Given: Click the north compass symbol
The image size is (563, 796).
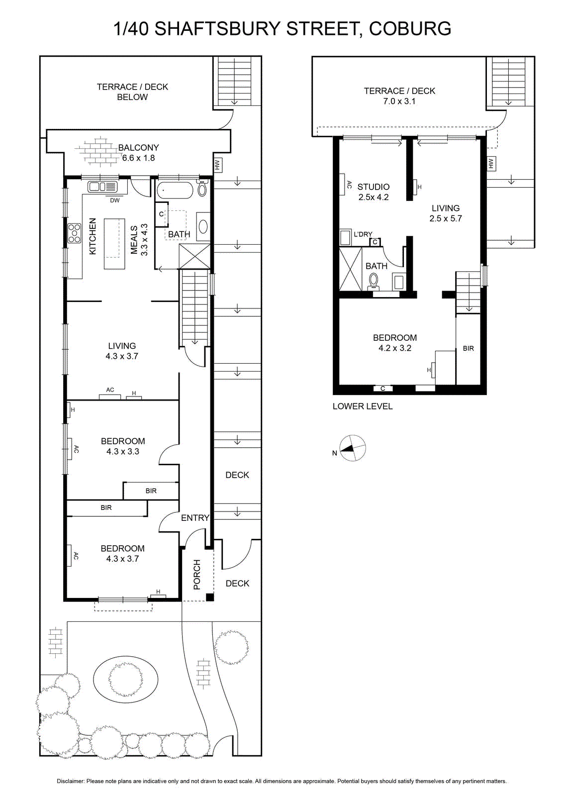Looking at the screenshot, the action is click(x=352, y=448).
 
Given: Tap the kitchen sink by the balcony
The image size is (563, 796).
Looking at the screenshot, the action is click(x=102, y=187).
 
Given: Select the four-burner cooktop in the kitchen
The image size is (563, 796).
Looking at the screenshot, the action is click(x=75, y=233).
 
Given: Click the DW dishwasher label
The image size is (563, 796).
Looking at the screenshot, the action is click(x=115, y=200).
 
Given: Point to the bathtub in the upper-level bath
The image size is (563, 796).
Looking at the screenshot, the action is click(x=175, y=190).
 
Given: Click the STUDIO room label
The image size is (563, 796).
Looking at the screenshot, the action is click(x=374, y=187).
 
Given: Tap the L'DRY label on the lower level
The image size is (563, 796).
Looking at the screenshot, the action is click(x=363, y=234).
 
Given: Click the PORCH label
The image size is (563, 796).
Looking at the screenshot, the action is click(x=197, y=575).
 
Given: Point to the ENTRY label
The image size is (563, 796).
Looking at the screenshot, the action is click(x=195, y=518).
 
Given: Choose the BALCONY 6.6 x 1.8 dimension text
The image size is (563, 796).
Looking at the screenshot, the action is click(x=139, y=158).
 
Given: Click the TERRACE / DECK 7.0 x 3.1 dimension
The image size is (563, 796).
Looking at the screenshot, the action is click(x=399, y=101).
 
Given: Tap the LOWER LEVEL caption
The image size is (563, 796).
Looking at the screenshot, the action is click(x=363, y=406).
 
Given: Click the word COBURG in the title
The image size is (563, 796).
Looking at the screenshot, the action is click(x=410, y=29).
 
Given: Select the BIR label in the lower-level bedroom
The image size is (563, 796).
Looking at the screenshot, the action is click(x=468, y=348).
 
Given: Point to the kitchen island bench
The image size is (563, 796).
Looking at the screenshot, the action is click(x=114, y=244).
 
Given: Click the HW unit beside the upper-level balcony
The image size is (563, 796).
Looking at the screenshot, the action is click(x=218, y=165).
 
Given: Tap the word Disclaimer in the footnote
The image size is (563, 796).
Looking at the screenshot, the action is click(x=71, y=781).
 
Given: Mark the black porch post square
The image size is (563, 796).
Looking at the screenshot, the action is click(x=210, y=597).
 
